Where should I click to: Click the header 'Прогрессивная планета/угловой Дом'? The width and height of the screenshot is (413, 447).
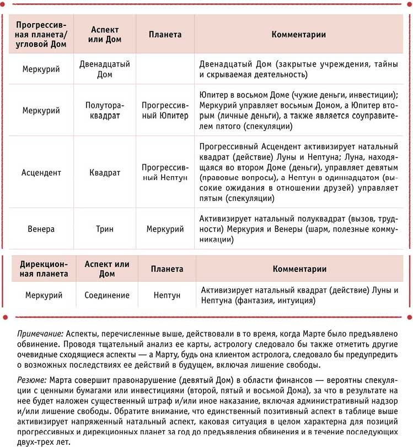point(41,35)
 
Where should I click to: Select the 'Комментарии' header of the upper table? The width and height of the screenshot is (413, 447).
point(299,34)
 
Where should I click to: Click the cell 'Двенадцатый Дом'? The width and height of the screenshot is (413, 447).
point(105,69)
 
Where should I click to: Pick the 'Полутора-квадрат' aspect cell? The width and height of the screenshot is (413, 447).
point(105,110)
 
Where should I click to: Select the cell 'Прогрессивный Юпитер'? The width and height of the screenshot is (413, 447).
point(165,110)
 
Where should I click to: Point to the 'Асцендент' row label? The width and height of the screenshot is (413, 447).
point(41,172)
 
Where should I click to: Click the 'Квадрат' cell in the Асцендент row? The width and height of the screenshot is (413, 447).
point(105,172)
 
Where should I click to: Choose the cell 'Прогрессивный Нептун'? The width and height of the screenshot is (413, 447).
point(165,172)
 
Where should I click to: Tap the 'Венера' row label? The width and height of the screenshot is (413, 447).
point(41,228)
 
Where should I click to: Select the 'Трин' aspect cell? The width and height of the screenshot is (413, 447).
point(105,228)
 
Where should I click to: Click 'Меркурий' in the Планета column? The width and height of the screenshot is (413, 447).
point(165,228)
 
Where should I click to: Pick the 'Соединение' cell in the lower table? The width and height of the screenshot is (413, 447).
point(107,296)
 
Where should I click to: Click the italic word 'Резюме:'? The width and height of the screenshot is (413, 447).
point(31,380)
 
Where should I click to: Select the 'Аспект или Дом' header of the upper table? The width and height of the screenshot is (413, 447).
point(105,35)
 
